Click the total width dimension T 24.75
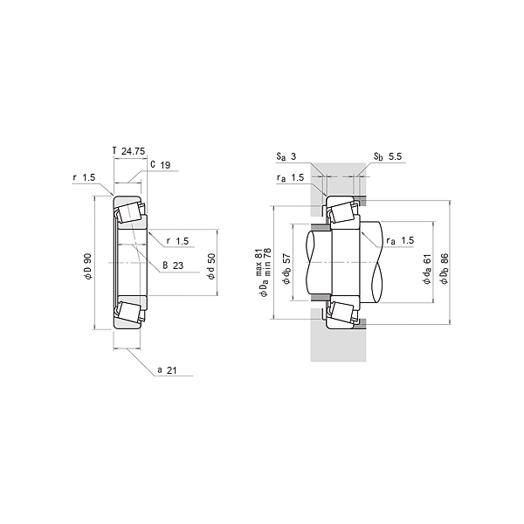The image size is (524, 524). point(128,151)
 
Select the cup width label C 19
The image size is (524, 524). point(160,164)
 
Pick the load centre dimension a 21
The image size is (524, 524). point(168,370)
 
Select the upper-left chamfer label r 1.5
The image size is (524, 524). point(84,178)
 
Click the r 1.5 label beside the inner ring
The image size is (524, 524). point(176,241)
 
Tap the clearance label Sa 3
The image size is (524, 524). point(287,157)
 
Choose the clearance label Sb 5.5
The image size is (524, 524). point(387,157)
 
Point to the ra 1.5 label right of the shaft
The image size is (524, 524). point(400,240)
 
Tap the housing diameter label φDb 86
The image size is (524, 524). point(445,266)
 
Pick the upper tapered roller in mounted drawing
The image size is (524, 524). point(341,212)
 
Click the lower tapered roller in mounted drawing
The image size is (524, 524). point(341,312)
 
